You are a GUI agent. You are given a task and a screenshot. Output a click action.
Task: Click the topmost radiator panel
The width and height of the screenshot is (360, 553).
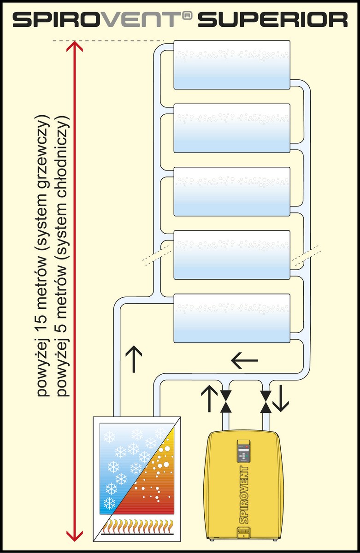(x=232, y=65)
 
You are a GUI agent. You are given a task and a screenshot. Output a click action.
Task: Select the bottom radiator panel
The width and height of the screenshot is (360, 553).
(x=232, y=318)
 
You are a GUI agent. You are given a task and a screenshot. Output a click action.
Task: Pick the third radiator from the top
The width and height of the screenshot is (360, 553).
(x=232, y=191)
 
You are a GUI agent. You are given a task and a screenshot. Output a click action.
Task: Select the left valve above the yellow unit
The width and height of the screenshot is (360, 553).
(x=226, y=401)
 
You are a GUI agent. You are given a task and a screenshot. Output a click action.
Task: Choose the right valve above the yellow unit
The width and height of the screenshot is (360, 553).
(x=266, y=401)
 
